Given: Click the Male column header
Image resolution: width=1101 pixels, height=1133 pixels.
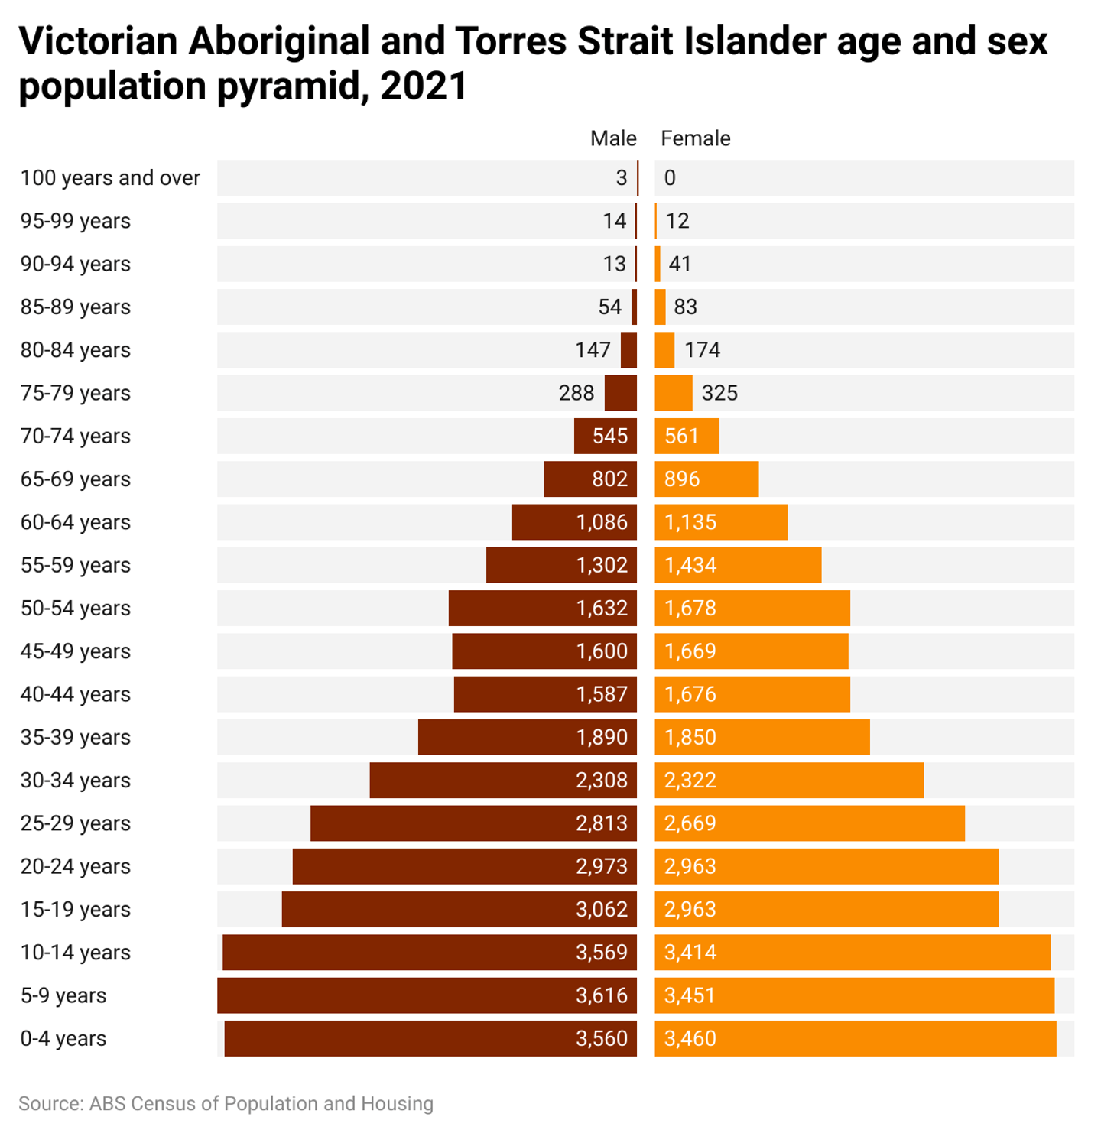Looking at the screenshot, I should tap(612, 138).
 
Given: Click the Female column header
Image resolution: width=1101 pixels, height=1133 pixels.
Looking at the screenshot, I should tap(695, 138).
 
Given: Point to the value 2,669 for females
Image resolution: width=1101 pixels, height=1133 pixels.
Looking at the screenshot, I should tap(690, 823).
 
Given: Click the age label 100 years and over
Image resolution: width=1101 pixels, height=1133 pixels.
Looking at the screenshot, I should tap(110, 178).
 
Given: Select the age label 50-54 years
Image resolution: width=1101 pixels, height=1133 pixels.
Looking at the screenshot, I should tap(75, 609).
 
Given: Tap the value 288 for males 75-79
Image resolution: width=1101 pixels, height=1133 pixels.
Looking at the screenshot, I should tap(576, 393).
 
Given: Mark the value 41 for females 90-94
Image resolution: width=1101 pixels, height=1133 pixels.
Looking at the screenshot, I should tap(680, 264).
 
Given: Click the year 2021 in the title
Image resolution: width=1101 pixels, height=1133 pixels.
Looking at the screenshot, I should tap(424, 86).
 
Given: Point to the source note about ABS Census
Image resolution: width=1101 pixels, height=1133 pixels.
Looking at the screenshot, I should tap(226, 1104).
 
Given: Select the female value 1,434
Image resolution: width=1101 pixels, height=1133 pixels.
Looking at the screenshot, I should tap(690, 565).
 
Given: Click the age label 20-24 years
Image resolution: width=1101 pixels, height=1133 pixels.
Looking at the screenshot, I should tap(75, 866).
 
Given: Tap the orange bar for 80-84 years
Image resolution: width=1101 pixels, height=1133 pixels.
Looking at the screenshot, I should tap(664, 350).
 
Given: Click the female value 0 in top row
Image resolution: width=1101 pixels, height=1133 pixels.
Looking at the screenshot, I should tap(670, 178).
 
